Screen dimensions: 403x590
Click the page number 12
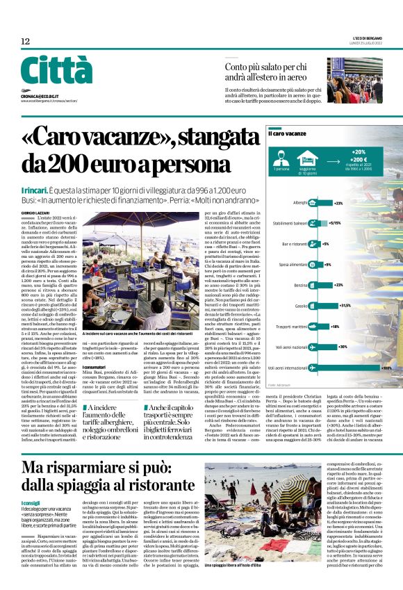[x=26, y=42]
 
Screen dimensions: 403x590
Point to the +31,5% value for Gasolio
[x=343, y=305]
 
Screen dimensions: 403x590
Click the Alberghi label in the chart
[x=300, y=203]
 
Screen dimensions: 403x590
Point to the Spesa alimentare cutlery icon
[x=313, y=265]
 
